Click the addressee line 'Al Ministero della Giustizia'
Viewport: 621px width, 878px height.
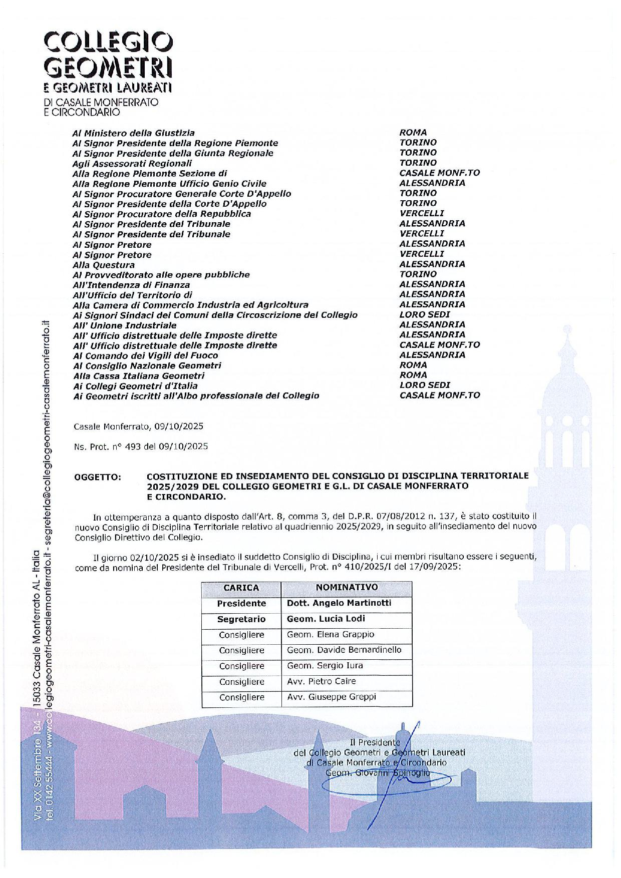coord(134,133)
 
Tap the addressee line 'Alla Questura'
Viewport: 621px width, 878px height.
coord(104,265)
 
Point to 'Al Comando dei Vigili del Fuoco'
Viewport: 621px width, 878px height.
coord(145,355)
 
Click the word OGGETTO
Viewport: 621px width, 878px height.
coord(98,477)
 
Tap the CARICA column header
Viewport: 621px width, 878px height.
coord(241,588)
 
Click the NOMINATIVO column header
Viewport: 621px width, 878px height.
coord(347,587)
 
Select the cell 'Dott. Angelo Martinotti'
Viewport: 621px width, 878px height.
coord(339,603)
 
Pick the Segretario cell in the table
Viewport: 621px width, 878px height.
coord(241,619)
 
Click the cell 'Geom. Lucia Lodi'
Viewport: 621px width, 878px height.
coord(326,619)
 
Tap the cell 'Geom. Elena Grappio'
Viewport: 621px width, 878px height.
coord(331,634)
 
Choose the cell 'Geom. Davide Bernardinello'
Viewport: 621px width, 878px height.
coord(344,650)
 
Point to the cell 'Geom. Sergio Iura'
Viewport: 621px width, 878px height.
coord(325,666)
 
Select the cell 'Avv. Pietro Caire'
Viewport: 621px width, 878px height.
coord(322,681)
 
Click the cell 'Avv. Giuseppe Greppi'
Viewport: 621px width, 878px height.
coord(331,697)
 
